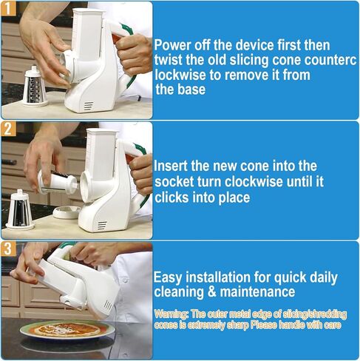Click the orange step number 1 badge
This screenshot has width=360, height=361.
click(x=8, y=9)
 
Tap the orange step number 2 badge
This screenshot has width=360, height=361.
click(x=8, y=128)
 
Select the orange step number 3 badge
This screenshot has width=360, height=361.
click(x=8, y=249)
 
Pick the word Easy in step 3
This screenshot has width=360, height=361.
click(x=168, y=278)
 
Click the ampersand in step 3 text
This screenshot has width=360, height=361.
click(x=212, y=291)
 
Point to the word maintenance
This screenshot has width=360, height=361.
click(x=257, y=291)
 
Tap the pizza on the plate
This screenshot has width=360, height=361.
click(x=67, y=329)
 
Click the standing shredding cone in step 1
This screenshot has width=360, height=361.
click(x=35, y=87)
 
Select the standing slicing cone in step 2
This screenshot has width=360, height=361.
click(x=20, y=209)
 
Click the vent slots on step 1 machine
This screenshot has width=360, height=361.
click(x=89, y=106)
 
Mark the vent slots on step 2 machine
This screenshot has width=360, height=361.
click(x=102, y=226)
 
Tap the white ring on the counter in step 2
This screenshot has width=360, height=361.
click(x=67, y=212)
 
